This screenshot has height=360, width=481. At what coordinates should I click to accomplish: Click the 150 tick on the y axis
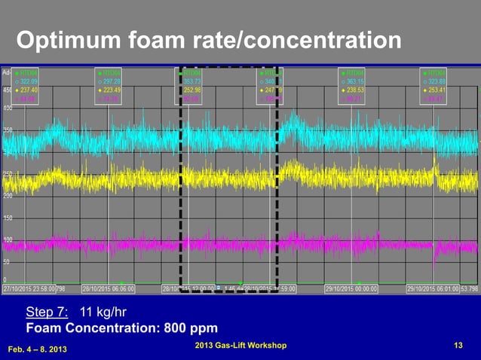7,218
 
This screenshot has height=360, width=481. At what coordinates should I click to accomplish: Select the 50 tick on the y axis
7,262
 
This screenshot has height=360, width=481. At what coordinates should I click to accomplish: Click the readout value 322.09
29,81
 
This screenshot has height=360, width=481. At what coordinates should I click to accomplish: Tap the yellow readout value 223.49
111,90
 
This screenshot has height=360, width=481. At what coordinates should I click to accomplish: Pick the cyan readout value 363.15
356,81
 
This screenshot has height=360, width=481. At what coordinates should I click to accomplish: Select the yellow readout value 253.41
437,90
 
